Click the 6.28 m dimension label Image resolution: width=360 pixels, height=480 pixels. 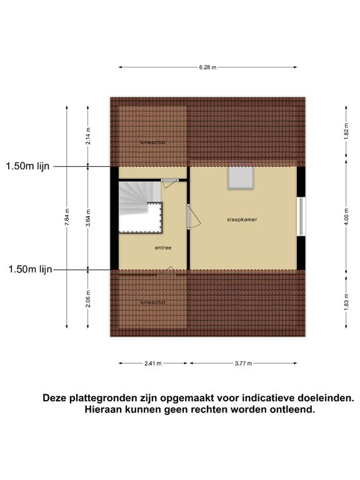(x=207, y=67)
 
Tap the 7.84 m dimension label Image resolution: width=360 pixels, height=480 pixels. (x=67, y=217)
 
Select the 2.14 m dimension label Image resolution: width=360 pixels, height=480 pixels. (x=88, y=136)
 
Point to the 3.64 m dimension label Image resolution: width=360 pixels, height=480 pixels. (x=88, y=218)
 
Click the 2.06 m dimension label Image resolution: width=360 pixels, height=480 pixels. (x=88, y=299)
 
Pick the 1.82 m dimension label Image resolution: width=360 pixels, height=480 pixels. (x=346, y=131)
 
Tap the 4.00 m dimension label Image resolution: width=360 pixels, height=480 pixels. (x=346, y=216)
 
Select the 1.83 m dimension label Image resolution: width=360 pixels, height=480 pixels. (x=346, y=302)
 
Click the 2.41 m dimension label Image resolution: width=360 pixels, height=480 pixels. (x=152, y=364)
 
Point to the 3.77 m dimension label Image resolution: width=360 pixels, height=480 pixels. (x=243, y=364)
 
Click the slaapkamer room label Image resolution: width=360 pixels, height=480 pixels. (x=242, y=219)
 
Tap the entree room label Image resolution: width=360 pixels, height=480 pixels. (x=163, y=247)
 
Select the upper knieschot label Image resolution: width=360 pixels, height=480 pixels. (x=152, y=142)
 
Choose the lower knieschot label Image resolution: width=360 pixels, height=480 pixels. (x=152, y=302)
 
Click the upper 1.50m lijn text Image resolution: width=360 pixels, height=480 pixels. (x=27, y=166)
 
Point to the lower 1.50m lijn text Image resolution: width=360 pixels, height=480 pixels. (x=30, y=269)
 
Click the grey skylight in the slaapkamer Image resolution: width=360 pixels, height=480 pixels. (x=241, y=177)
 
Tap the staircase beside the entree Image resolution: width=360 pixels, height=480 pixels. (x=141, y=207)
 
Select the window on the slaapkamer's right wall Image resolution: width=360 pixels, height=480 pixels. (x=301, y=217)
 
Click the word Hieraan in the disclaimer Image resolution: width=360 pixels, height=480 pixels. (x=104, y=409)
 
